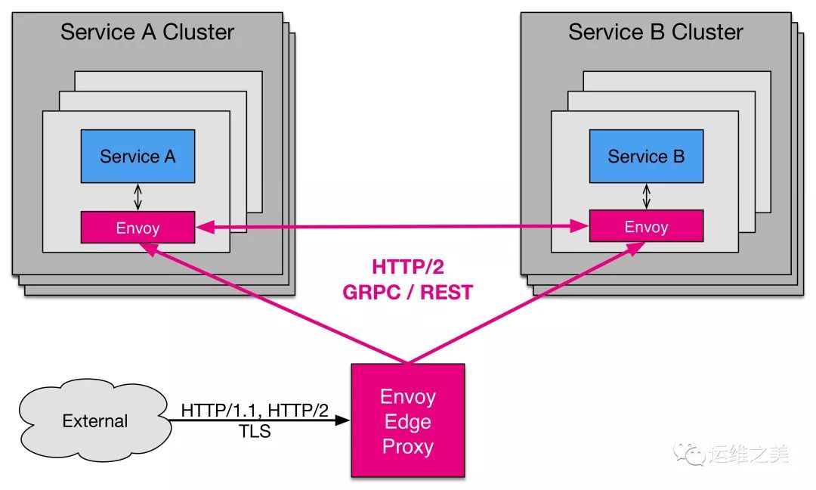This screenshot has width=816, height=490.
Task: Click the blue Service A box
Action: pos(138,157)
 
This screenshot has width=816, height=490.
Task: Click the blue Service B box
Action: pos(646,157)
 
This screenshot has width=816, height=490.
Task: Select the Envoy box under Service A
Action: pos(138,227)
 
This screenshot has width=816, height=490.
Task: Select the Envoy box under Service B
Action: pos(646,226)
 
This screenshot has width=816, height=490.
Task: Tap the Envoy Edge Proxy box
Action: pos(407,420)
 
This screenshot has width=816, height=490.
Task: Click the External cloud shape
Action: pos(95,420)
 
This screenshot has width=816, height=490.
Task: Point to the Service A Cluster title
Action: pos(147,32)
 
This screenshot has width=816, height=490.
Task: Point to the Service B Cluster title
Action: pos(656,32)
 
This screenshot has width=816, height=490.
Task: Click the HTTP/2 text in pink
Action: pos(407,267)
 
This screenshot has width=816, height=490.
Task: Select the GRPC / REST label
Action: pos(407,293)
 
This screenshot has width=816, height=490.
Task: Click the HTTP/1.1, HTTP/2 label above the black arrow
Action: pos(255,411)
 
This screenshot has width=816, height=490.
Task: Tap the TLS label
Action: pos(255,432)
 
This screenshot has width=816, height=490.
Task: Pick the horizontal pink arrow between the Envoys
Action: pos(393,225)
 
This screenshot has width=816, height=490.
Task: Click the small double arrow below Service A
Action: pos(138,197)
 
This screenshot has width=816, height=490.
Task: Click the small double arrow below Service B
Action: pos(646,197)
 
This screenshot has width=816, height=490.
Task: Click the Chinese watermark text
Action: pos(750,454)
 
